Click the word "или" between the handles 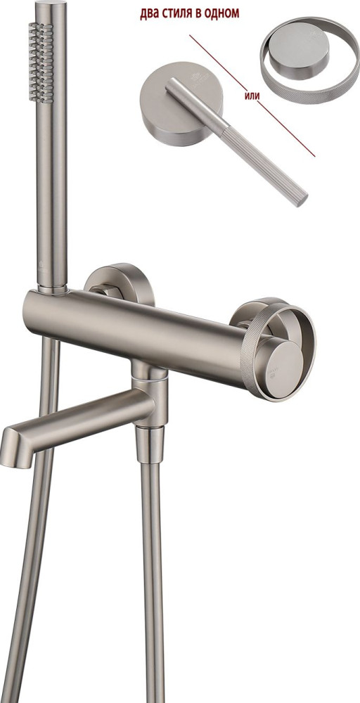[x=253, y=96]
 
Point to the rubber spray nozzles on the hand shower [x=41, y=63]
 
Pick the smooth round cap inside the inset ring [x=300, y=50]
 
